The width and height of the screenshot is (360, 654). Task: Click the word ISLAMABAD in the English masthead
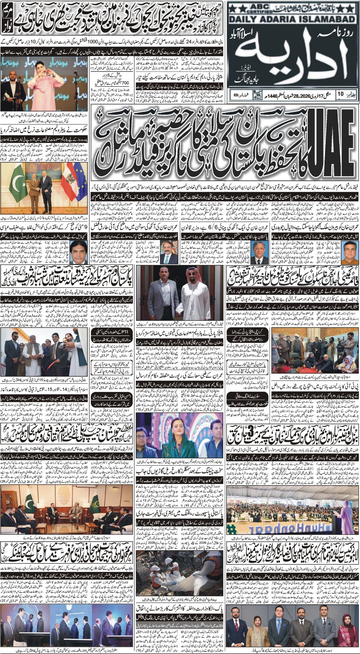tap(327, 18)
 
